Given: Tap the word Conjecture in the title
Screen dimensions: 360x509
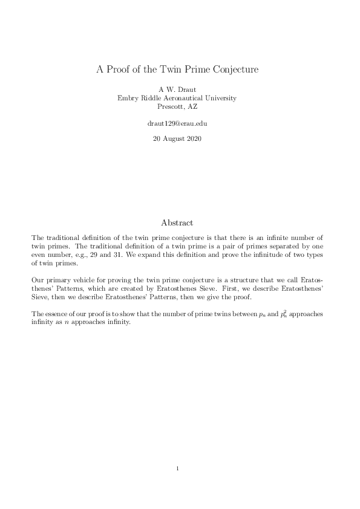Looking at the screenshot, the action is (234, 70).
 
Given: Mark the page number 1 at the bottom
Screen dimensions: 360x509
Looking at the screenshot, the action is (177, 468).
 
